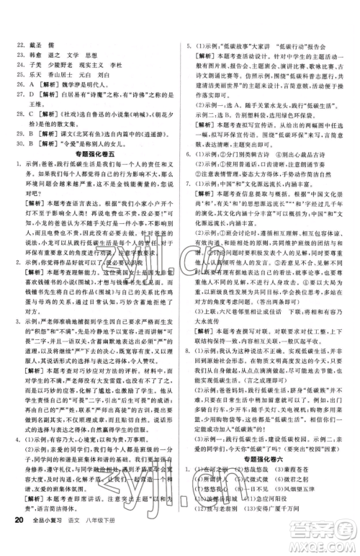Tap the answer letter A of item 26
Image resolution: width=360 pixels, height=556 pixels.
tap(33, 83)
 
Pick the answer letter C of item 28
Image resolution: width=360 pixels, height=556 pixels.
tap(33, 113)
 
